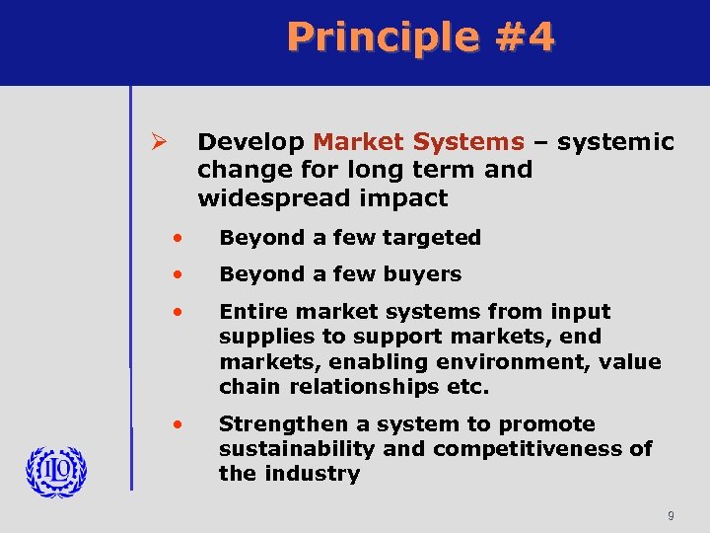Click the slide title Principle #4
coord(421,38)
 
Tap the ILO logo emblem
coord(56,471)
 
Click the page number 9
coord(671,515)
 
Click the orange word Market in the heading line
coord(360,143)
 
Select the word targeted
coord(434,238)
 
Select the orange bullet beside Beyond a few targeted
coord(177,238)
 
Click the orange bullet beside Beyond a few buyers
coord(177,274)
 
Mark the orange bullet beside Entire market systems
coord(177,312)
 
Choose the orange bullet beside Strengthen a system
coord(177,424)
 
